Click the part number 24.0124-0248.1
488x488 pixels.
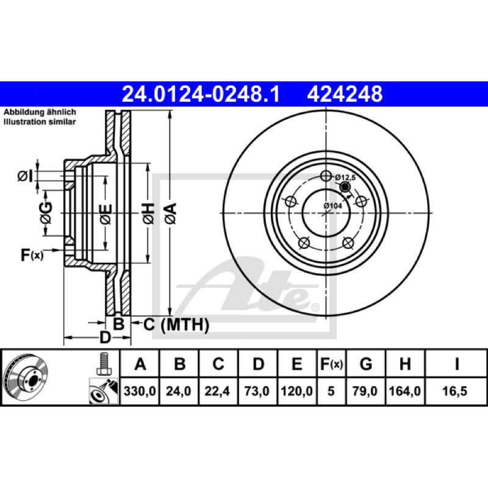coord(201,94)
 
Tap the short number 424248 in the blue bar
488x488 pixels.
coord(345,94)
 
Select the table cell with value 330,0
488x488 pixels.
coord(140,391)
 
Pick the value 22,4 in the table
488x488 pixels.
coord(217,391)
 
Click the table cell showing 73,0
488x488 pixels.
coord(257,391)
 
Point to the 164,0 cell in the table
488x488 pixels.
coord(404,391)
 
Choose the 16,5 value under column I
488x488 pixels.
coord(454,391)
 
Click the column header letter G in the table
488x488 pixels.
coord(365,364)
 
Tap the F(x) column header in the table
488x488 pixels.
coord(331,364)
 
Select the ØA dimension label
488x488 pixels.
coord(171,213)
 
